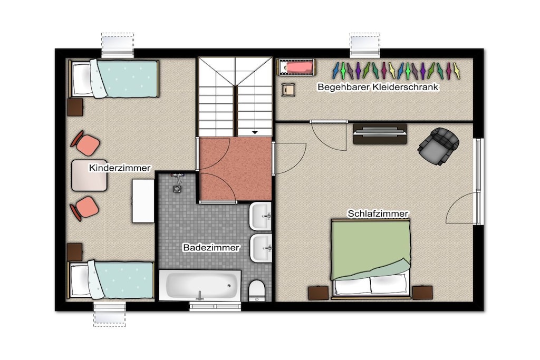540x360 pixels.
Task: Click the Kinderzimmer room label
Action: [120, 168]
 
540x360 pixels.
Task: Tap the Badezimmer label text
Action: [211, 247]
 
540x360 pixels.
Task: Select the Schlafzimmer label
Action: [378, 213]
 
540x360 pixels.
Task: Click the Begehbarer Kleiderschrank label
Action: [378, 87]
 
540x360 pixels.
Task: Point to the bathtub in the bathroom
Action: [200, 285]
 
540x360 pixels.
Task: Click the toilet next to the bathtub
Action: [257, 290]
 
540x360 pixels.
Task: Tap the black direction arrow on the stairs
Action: [255, 132]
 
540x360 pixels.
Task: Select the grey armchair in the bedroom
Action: [438, 145]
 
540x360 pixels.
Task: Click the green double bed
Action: [371, 258]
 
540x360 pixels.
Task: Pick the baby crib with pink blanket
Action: [296, 67]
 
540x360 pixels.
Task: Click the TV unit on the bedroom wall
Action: [380, 133]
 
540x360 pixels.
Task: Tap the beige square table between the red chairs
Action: [89, 176]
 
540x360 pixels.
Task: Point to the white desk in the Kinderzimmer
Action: [143, 201]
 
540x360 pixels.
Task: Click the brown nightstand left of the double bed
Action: [318, 293]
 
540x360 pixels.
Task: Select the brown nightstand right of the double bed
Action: [422, 293]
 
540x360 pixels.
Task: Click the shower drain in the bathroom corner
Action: [177, 189]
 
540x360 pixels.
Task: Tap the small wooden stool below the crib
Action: [288, 90]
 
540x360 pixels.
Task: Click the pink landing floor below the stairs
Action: [236, 169]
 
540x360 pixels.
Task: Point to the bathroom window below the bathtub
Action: [215, 306]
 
